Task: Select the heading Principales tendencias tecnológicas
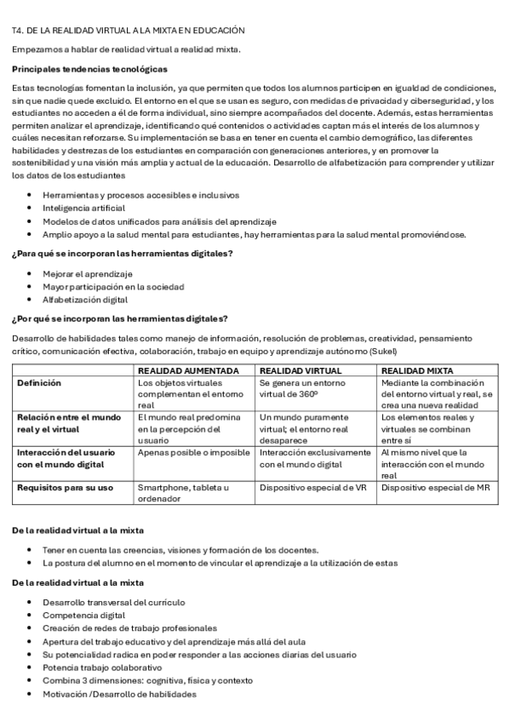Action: [89, 68]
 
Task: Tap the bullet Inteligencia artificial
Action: [83, 208]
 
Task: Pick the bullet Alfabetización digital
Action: [85, 300]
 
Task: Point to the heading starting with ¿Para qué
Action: [123, 254]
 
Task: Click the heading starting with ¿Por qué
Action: [120, 318]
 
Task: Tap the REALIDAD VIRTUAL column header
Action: [301, 371]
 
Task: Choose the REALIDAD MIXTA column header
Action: [417, 371]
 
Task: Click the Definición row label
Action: [39, 383]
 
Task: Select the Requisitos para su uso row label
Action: [65, 487]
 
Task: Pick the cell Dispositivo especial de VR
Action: [312, 487]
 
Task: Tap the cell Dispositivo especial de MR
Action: [435, 487]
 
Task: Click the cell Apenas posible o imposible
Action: [193, 453]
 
